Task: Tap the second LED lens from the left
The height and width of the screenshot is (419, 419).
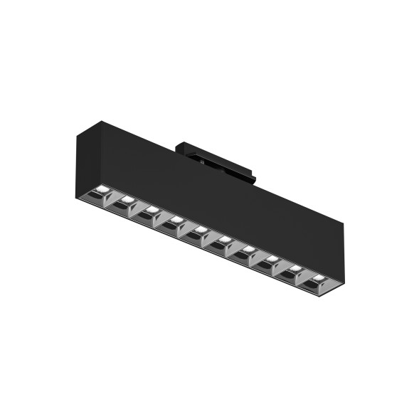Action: click(126, 201)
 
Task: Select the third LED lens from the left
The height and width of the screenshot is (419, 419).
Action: click(152, 210)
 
